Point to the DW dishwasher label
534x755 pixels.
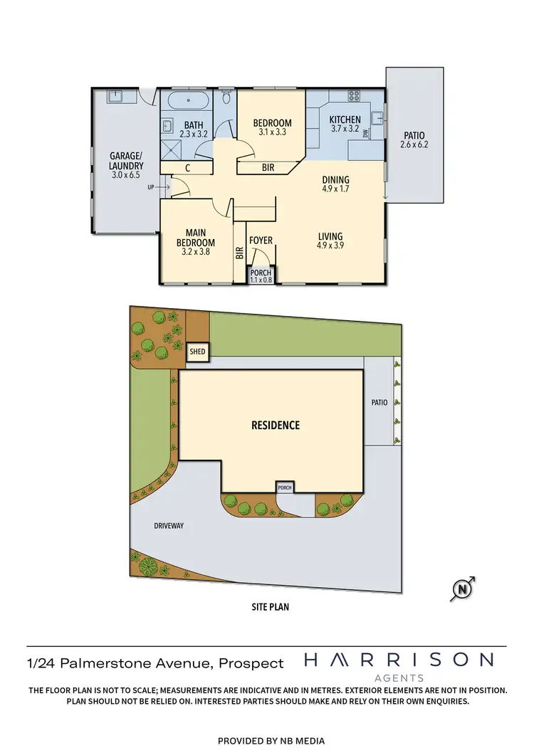(366, 133)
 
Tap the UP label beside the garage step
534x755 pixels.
(150, 187)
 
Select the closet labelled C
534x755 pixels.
(187, 168)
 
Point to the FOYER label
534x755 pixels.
(261, 241)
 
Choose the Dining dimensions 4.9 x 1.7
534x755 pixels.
(335, 190)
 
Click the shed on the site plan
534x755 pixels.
(196, 352)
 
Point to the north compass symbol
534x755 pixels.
(463, 588)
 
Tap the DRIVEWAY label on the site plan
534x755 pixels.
(169, 526)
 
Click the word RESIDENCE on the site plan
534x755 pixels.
(276, 426)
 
